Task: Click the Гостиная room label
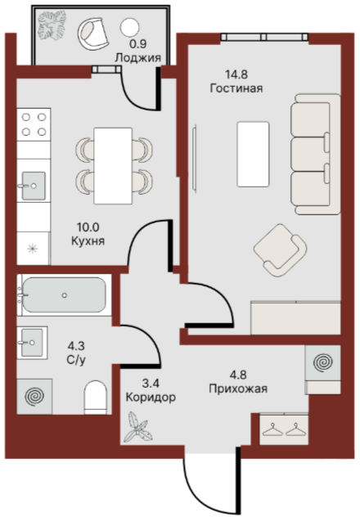(236, 88)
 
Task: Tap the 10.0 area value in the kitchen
(88, 227)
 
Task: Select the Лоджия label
(138, 58)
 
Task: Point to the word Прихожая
(238, 389)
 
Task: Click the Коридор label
(151, 397)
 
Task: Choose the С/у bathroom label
(76, 360)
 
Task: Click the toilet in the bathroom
(96, 398)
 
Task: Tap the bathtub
(65, 295)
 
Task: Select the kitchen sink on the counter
(34, 186)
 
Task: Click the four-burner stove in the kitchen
(34, 124)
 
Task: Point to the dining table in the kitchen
(113, 166)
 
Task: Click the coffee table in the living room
(253, 155)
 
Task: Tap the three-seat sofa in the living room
(316, 155)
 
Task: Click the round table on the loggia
(129, 27)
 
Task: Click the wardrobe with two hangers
(284, 429)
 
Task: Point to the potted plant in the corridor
(137, 427)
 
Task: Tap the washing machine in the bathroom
(34, 397)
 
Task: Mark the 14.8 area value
(236, 74)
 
